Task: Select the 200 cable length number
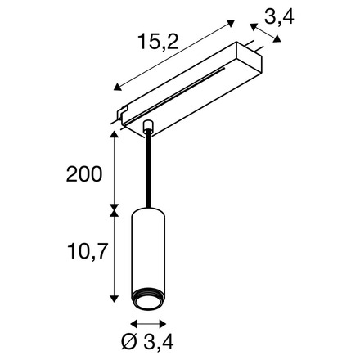(x=84, y=174)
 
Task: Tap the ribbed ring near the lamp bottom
(x=148, y=293)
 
